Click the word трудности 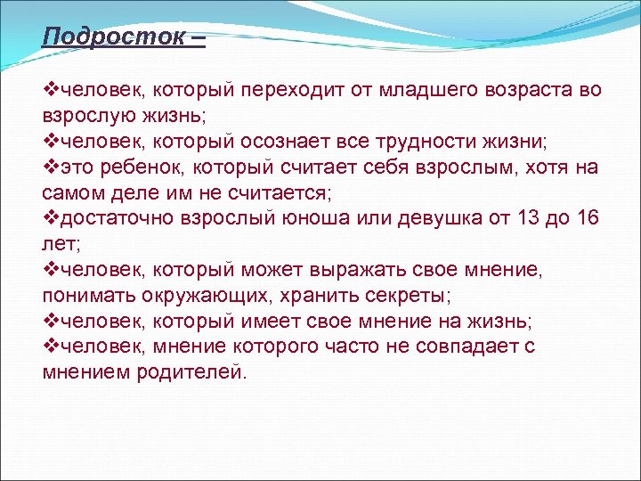tap(442, 142)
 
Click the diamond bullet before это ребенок tap(50, 167)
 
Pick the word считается tap(272, 193)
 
